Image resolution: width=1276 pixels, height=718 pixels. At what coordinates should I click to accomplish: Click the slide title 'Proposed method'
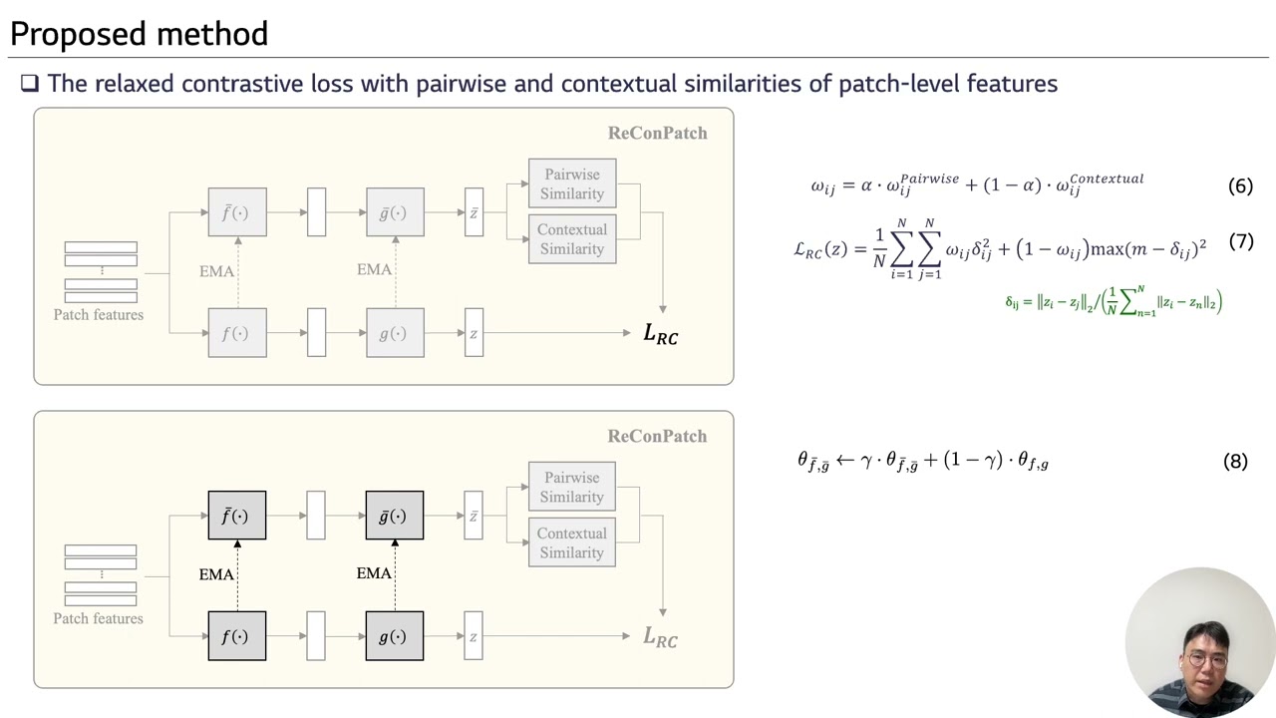point(139,34)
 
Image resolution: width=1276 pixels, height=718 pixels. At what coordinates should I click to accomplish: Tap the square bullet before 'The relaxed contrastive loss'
point(30,83)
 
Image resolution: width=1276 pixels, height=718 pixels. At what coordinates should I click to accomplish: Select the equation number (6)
point(1240,185)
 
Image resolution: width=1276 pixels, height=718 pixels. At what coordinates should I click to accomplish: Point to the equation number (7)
point(1241,241)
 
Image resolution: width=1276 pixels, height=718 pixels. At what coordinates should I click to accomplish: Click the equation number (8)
point(1235,461)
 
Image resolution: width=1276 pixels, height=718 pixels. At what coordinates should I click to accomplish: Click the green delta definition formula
point(1114,301)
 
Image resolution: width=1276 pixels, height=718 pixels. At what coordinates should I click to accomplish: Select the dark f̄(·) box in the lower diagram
point(237,516)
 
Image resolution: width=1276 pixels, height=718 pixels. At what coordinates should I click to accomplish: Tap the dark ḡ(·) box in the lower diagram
point(394,516)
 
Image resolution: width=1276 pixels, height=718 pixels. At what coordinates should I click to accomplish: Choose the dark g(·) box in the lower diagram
point(394,636)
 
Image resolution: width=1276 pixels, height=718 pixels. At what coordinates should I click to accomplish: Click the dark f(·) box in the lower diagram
point(237,636)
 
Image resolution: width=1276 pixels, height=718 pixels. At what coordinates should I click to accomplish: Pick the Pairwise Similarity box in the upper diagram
point(572,183)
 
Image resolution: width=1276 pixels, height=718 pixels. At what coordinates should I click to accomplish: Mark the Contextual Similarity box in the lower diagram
point(572,542)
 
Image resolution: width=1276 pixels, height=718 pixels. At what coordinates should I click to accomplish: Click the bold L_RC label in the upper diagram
point(660,333)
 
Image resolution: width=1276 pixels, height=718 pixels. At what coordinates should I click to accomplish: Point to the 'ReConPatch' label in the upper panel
point(657,133)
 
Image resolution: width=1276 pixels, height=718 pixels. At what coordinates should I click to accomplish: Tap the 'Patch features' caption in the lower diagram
point(98,618)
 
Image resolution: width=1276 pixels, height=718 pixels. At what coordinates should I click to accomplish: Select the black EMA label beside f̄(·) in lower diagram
point(216,573)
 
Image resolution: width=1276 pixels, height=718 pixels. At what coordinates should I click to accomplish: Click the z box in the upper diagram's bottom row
point(474,333)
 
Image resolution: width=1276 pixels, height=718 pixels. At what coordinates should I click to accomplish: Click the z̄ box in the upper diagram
point(474,212)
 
